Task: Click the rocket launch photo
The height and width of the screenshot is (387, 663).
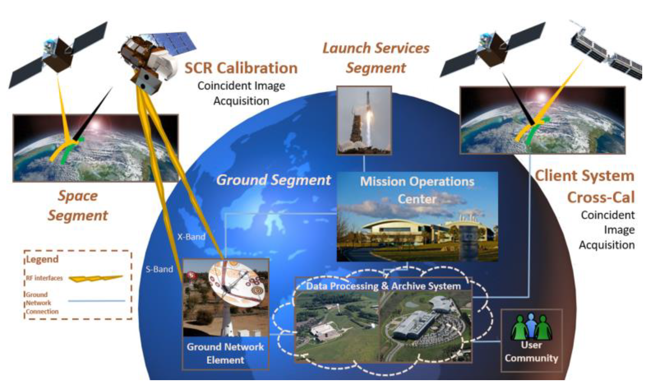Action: click(x=364, y=121)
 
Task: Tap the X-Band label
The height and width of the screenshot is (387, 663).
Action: click(x=191, y=237)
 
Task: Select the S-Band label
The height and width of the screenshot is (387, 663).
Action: click(x=159, y=269)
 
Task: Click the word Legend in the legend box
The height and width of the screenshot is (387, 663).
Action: click(x=42, y=259)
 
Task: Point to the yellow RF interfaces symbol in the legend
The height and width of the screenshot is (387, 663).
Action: click(x=96, y=279)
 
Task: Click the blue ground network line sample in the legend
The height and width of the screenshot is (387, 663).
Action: click(x=96, y=301)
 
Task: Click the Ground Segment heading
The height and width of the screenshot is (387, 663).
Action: click(x=273, y=180)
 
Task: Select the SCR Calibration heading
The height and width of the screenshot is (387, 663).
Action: click(x=241, y=68)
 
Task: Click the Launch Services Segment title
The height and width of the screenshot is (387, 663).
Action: click(x=376, y=58)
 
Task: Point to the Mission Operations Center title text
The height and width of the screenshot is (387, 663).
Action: click(x=417, y=190)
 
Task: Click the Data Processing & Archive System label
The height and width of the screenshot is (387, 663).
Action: click(x=383, y=286)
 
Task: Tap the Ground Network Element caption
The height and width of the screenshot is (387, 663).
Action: click(x=225, y=353)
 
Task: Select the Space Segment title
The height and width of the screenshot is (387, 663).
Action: click(x=78, y=206)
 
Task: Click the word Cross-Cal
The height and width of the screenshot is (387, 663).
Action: click(x=601, y=197)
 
